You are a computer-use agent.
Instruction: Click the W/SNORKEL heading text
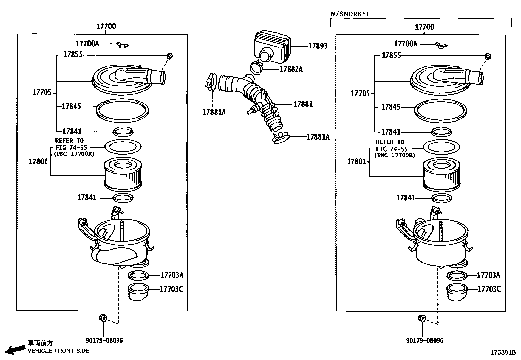350,14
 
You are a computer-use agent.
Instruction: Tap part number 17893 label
317,46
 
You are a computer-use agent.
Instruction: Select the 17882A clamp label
291,69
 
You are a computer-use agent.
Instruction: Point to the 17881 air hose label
303,104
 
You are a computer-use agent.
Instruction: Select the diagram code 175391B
503,353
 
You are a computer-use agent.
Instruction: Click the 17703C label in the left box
171,289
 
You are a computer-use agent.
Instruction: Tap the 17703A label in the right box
488,275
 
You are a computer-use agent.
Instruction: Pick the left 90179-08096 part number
104,341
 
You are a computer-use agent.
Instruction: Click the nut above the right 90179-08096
422,318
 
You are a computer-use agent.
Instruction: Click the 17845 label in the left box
71,106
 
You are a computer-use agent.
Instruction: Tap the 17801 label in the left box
38,161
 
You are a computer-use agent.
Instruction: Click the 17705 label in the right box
360,94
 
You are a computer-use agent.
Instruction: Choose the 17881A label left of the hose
214,112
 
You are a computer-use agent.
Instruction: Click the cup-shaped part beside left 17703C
138,292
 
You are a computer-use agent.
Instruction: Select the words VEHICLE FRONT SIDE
58,351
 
